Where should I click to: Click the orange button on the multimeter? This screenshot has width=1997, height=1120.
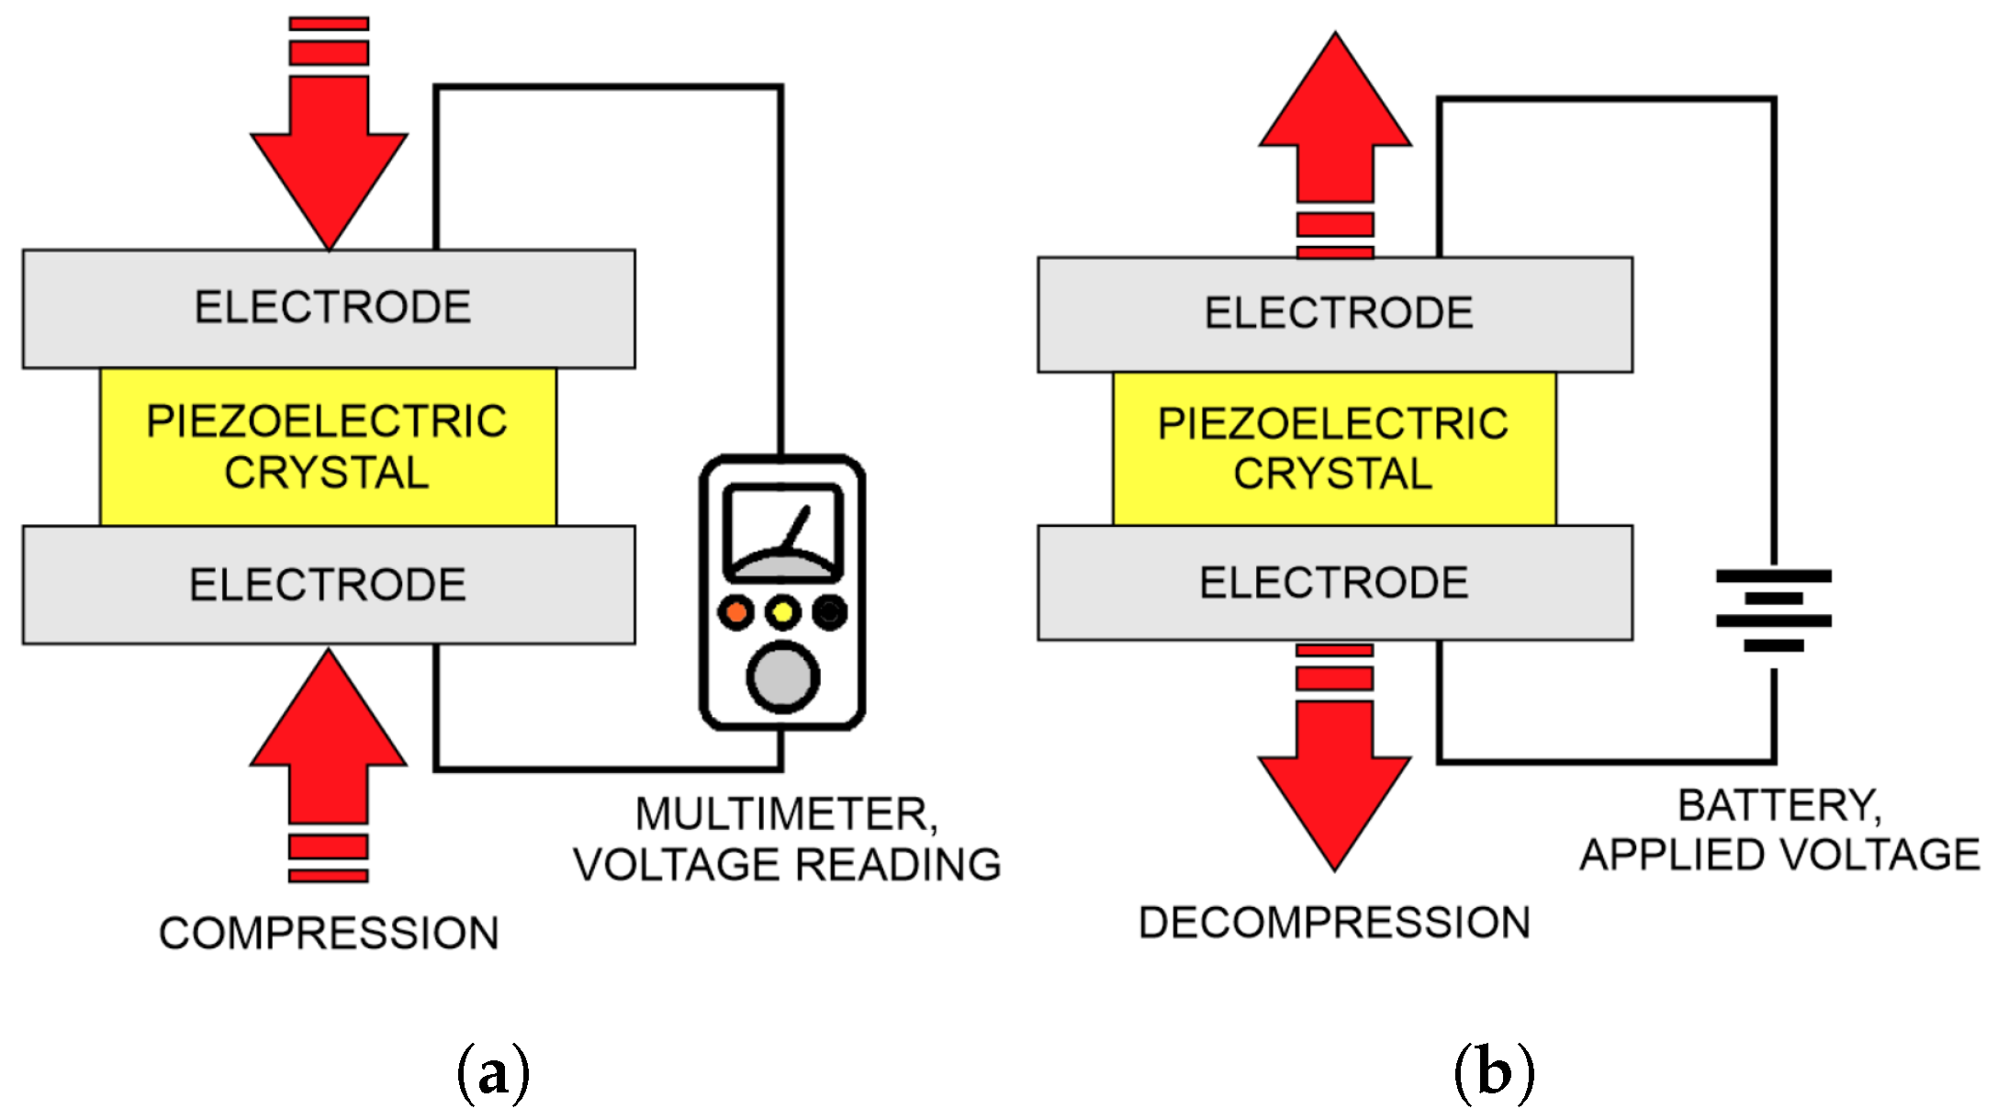coord(735,611)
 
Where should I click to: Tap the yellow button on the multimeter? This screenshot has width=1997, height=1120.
coord(782,611)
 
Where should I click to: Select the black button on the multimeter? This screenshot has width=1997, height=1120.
coord(830,611)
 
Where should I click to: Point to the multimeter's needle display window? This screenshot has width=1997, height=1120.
coord(783,532)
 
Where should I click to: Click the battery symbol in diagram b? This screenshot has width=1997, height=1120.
coord(1773,610)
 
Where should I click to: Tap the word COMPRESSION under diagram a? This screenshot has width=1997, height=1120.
coord(329,934)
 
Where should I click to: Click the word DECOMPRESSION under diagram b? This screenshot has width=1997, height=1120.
coord(1334,923)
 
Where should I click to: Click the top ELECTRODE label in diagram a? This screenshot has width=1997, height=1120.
coord(332,308)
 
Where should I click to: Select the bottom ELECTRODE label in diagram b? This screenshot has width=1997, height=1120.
coord(1334,583)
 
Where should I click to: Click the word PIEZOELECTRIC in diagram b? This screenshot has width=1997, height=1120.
coord(1332,424)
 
